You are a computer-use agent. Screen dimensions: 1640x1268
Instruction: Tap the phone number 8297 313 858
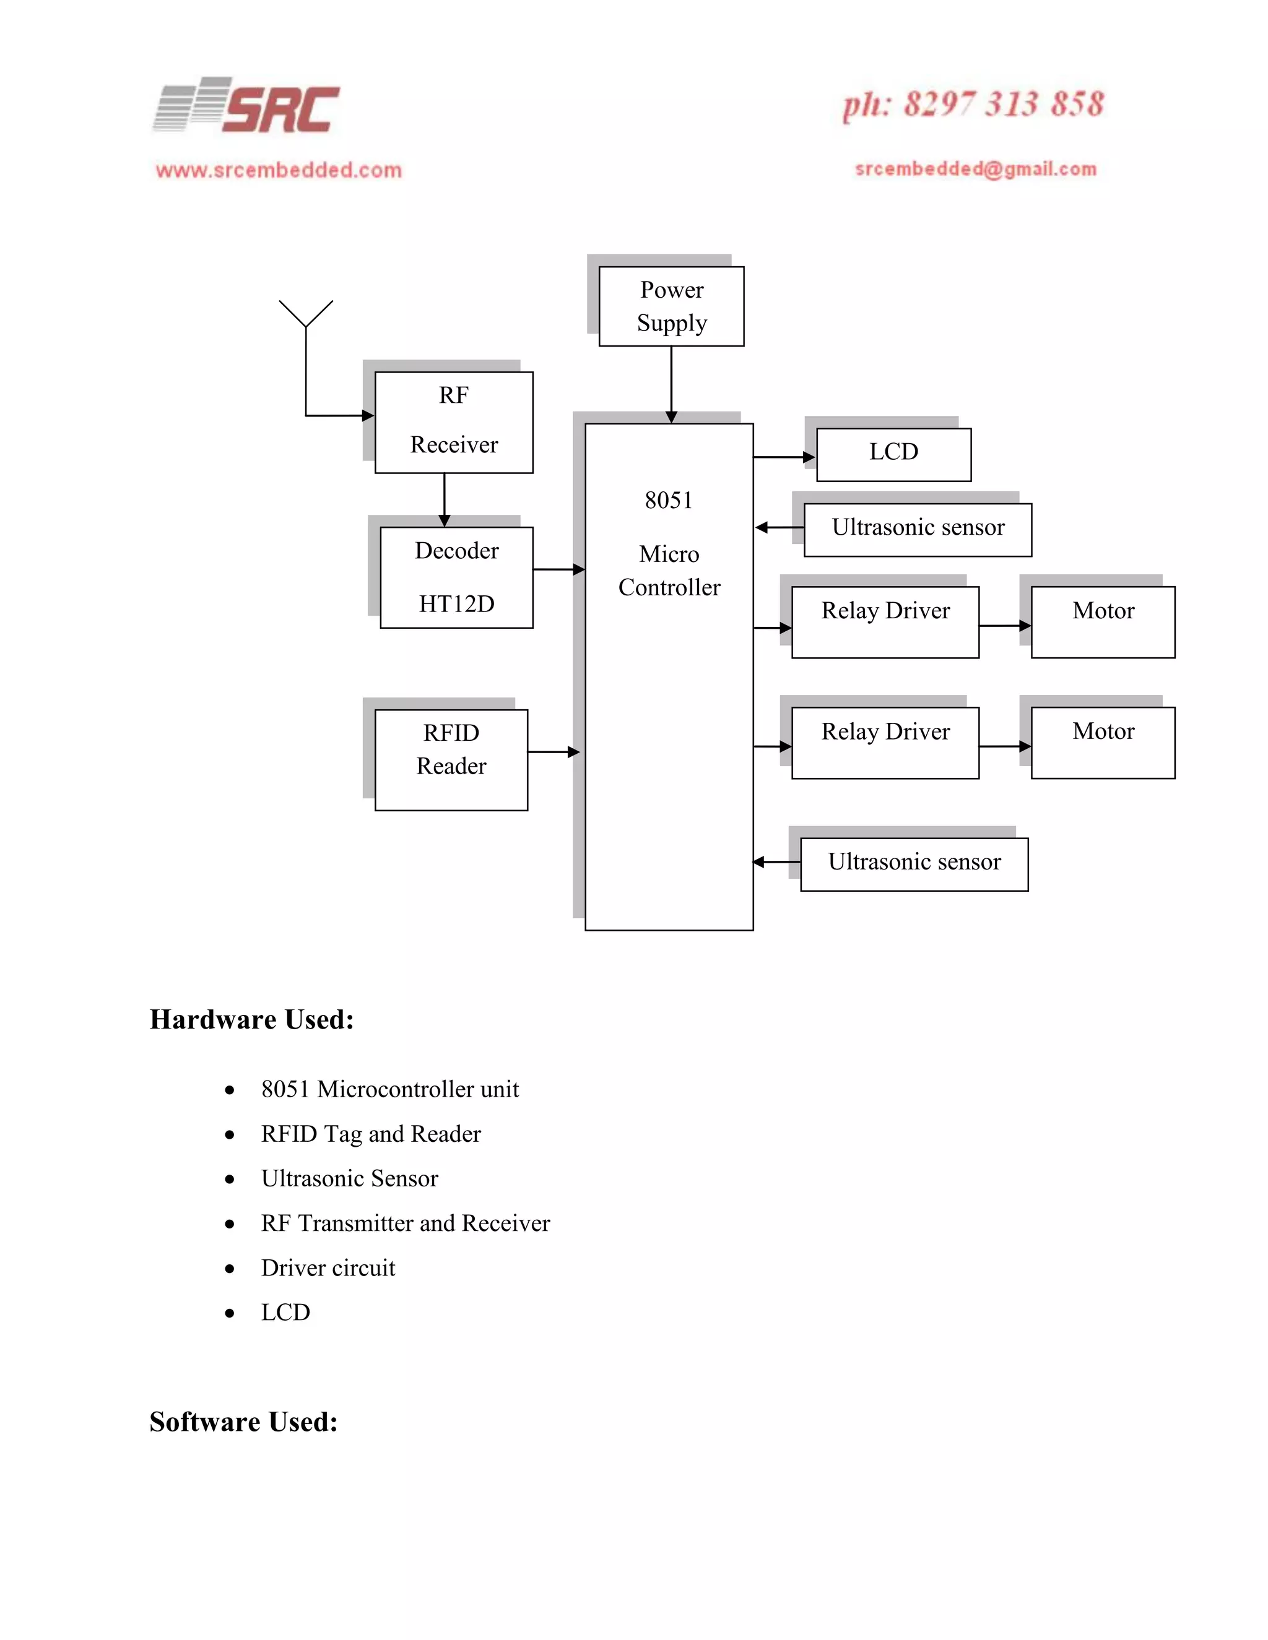coord(973,105)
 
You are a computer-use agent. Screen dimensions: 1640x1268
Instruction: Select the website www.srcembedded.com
coord(279,170)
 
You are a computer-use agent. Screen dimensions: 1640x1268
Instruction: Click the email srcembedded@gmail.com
coord(975,169)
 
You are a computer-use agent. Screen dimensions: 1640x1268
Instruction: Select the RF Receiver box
coord(454,422)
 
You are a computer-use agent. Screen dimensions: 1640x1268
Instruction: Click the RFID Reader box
coord(451,759)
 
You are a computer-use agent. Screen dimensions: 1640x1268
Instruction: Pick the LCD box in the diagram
coord(893,454)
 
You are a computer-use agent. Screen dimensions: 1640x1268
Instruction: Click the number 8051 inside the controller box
coord(669,500)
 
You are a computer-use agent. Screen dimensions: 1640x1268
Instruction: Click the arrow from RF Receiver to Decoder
coord(444,499)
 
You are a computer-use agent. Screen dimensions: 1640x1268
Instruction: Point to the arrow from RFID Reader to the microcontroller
coord(553,752)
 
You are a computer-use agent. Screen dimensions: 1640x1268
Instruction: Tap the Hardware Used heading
coord(251,1019)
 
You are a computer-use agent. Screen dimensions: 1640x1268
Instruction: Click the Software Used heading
coord(243,1422)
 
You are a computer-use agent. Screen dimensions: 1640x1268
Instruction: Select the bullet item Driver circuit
coord(328,1267)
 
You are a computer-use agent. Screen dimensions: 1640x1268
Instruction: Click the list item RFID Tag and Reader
coord(370,1134)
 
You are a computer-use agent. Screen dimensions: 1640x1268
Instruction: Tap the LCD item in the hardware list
coord(285,1312)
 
